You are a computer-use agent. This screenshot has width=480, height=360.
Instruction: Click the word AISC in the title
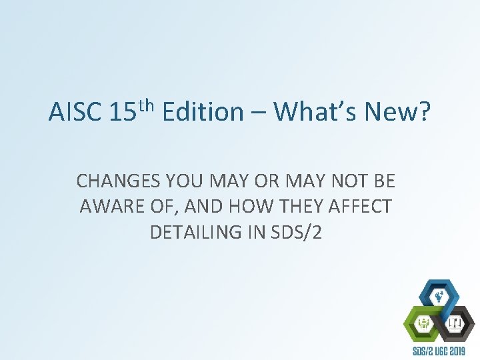[73, 112]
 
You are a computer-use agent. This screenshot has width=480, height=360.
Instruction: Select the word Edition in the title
[203, 112]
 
